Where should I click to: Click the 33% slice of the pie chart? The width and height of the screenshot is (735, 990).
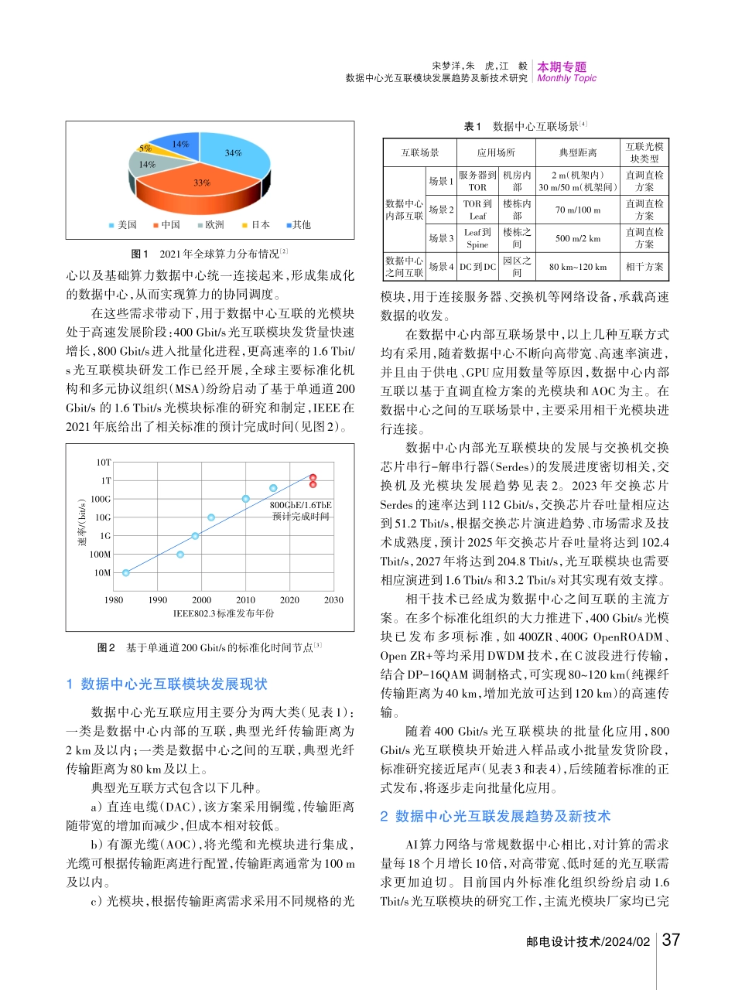(x=203, y=183)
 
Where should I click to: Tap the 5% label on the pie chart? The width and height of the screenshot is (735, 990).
(x=145, y=148)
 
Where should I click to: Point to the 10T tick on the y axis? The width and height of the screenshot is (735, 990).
(x=104, y=462)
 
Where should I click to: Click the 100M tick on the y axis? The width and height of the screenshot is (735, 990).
(x=101, y=555)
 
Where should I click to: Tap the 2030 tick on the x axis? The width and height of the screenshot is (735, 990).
(x=333, y=600)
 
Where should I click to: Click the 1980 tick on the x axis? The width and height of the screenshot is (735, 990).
(x=113, y=600)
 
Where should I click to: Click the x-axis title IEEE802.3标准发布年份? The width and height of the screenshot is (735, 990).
(x=224, y=613)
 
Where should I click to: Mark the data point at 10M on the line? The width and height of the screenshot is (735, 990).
(x=126, y=573)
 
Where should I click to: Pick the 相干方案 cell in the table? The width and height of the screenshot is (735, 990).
(x=644, y=267)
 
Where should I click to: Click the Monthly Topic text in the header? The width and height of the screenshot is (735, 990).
(x=567, y=78)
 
